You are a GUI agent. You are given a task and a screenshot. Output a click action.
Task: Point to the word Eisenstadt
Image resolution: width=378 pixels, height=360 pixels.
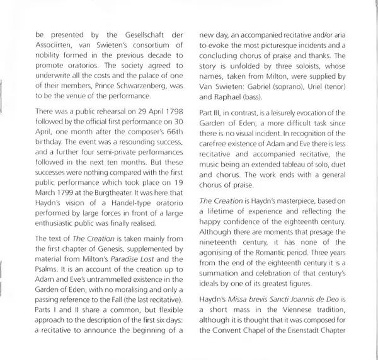click(x=313, y=351)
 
